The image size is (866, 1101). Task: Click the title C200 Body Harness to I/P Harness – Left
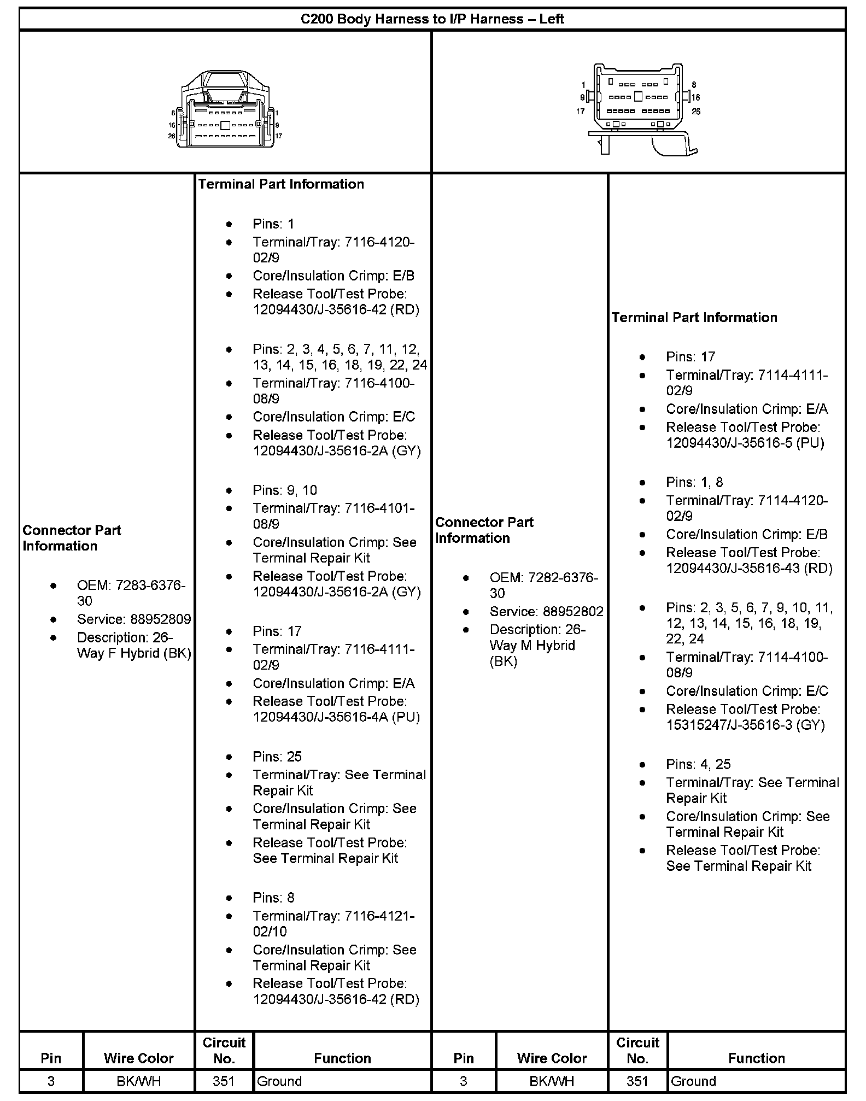(432, 19)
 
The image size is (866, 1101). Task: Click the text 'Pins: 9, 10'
(284, 490)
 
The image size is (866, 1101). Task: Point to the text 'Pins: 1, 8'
(694, 482)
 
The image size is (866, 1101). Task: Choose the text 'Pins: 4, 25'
(698, 764)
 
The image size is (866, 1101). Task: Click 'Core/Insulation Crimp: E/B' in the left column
(333, 276)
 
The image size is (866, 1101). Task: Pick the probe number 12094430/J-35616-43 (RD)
(748, 569)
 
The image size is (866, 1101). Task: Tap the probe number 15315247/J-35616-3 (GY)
(745, 725)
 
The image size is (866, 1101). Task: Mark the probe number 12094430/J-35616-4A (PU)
(336, 717)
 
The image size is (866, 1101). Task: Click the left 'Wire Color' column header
(138, 1058)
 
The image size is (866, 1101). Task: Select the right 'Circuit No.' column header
(637, 1050)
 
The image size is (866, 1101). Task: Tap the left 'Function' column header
(342, 1058)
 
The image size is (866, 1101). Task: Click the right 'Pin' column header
(464, 1058)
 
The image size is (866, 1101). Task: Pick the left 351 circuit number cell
(224, 1081)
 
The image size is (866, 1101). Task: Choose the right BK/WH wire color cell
(552, 1081)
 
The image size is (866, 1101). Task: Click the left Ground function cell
(279, 1081)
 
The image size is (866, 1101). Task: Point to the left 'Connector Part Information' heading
(72, 538)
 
